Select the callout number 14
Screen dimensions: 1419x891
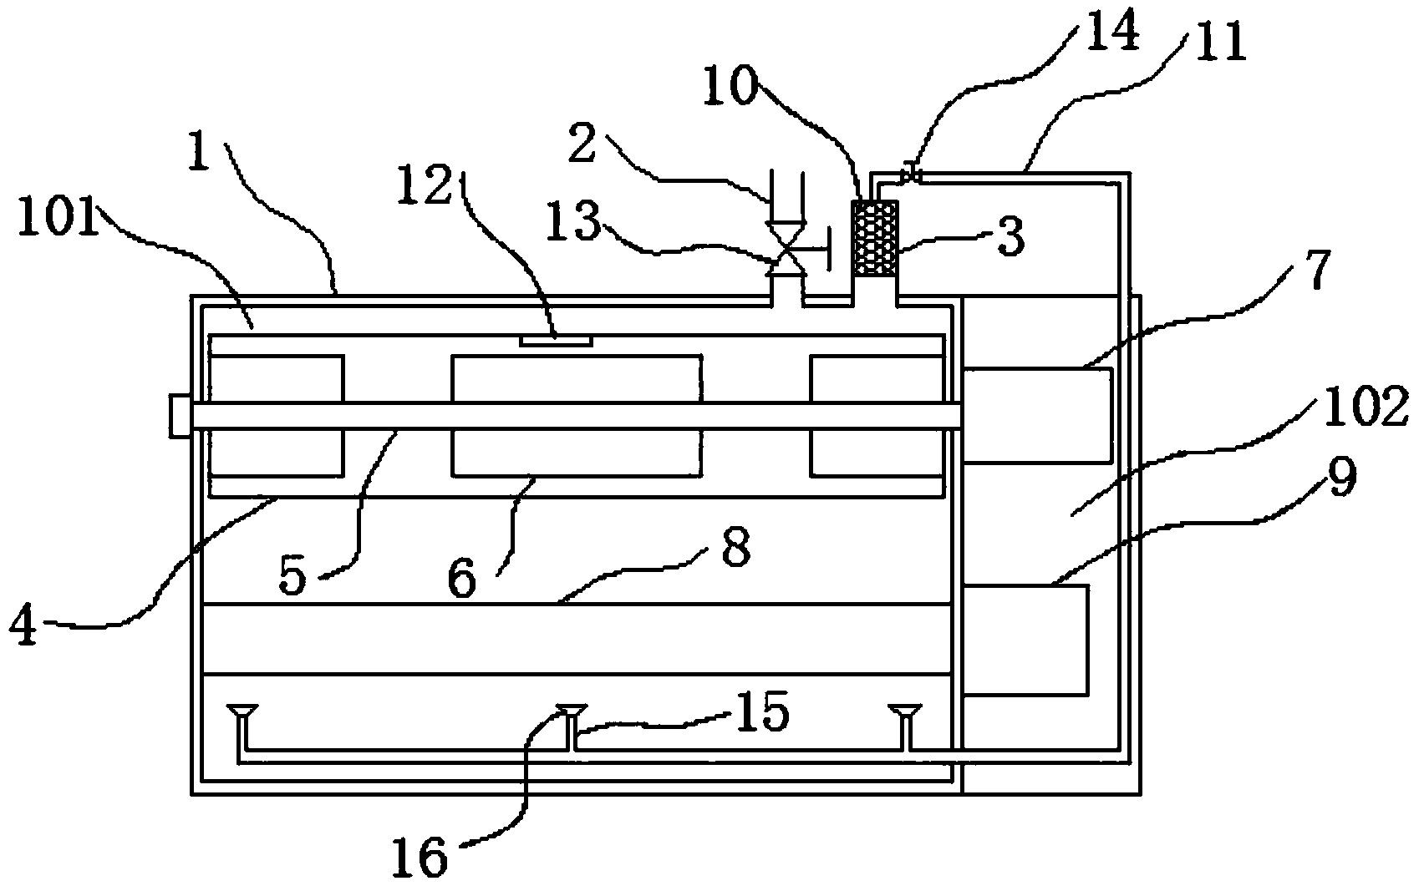pyautogui.click(x=1113, y=29)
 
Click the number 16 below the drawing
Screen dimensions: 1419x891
pyautogui.click(x=420, y=857)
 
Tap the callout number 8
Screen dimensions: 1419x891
pyautogui.click(x=735, y=548)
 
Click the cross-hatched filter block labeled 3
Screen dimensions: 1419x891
pyautogui.click(x=875, y=239)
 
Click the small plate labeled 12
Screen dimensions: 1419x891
pyautogui.click(x=556, y=341)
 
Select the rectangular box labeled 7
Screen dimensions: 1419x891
pyautogui.click(x=1036, y=416)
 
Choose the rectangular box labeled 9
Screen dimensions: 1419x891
pyautogui.click(x=1025, y=640)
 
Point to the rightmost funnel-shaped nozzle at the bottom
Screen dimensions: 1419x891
pyautogui.click(x=905, y=712)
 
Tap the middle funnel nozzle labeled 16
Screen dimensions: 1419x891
pyautogui.click(x=572, y=712)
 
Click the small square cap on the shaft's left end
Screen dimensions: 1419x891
pyautogui.click(x=180, y=416)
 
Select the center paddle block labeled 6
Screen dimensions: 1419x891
pyautogui.click(x=577, y=416)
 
